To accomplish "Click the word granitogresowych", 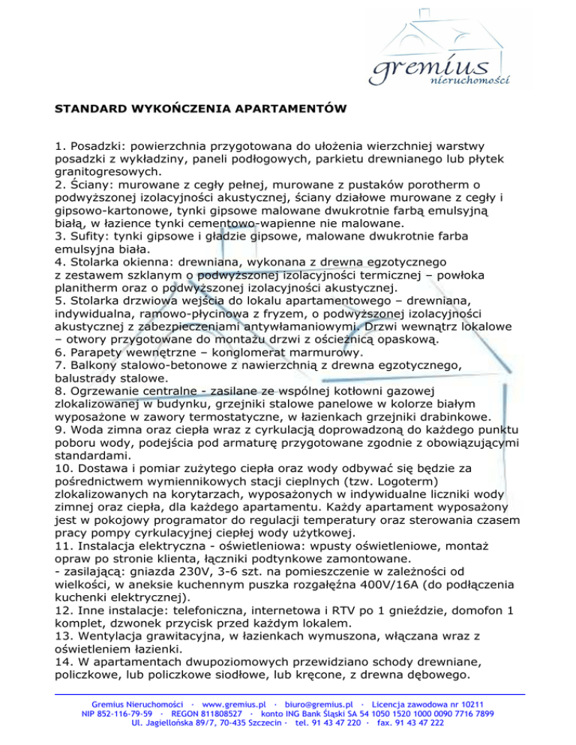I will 105,170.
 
